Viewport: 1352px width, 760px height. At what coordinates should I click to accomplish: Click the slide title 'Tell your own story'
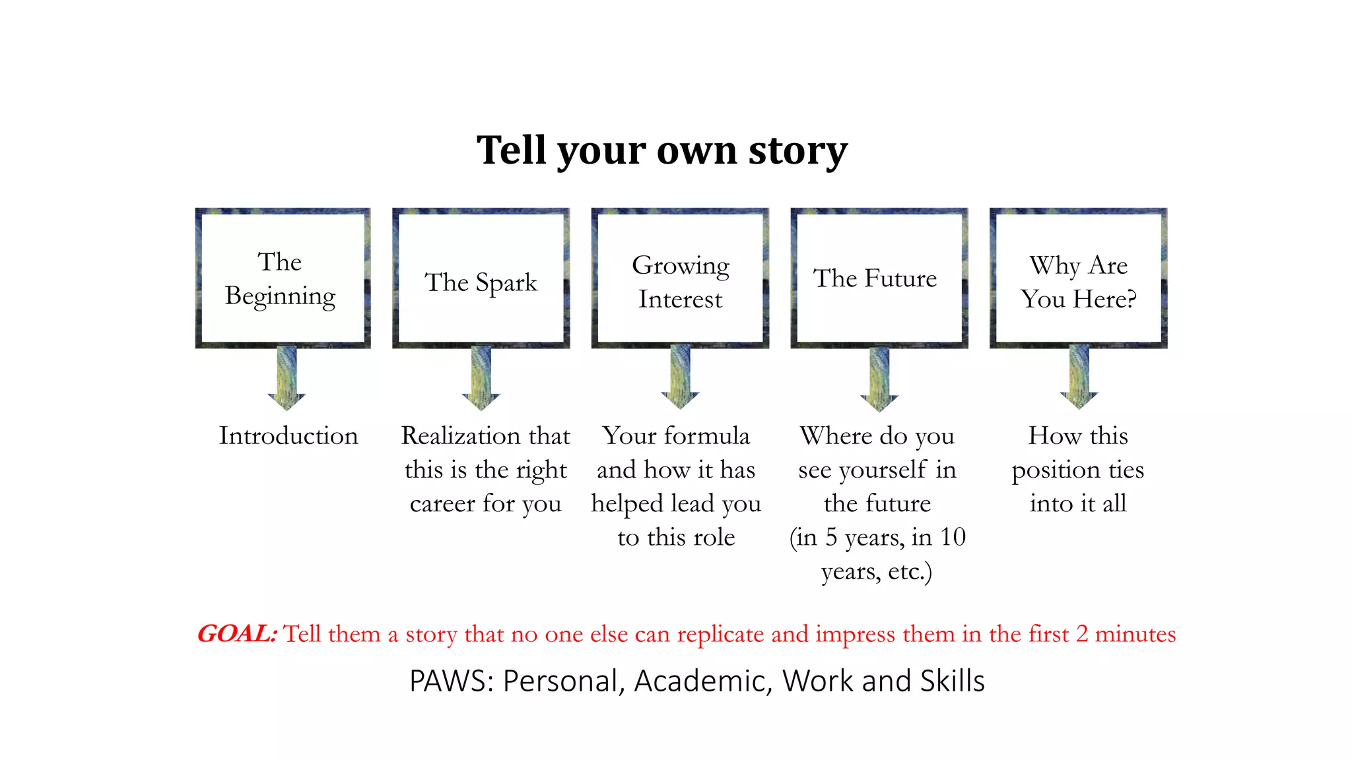[661, 150]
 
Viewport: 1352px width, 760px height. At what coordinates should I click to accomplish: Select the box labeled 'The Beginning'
[283, 278]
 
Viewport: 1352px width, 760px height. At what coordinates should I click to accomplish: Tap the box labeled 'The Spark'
[481, 278]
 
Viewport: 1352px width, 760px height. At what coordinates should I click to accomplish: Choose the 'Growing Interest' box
[680, 278]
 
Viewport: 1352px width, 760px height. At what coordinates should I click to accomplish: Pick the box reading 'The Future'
[879, 278]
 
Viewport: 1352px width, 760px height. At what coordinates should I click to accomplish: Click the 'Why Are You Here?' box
[1078, 278]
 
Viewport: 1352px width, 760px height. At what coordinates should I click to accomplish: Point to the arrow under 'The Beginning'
[287, 378]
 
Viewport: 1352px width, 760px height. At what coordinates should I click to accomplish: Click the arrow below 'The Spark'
[481, 378]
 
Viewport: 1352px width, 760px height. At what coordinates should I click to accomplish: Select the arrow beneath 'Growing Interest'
[680, 378]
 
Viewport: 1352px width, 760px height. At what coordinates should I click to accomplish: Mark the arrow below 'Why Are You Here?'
[1079, 378]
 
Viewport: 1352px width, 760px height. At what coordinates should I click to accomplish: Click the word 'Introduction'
[288, 436]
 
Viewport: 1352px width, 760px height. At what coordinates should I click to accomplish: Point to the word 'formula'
[707, 436]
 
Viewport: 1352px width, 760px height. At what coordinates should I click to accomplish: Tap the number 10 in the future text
[953, 537]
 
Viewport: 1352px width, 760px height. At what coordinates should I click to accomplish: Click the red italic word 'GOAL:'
[237, 634]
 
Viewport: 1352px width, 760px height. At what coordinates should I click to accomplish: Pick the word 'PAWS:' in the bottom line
[452, 681]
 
